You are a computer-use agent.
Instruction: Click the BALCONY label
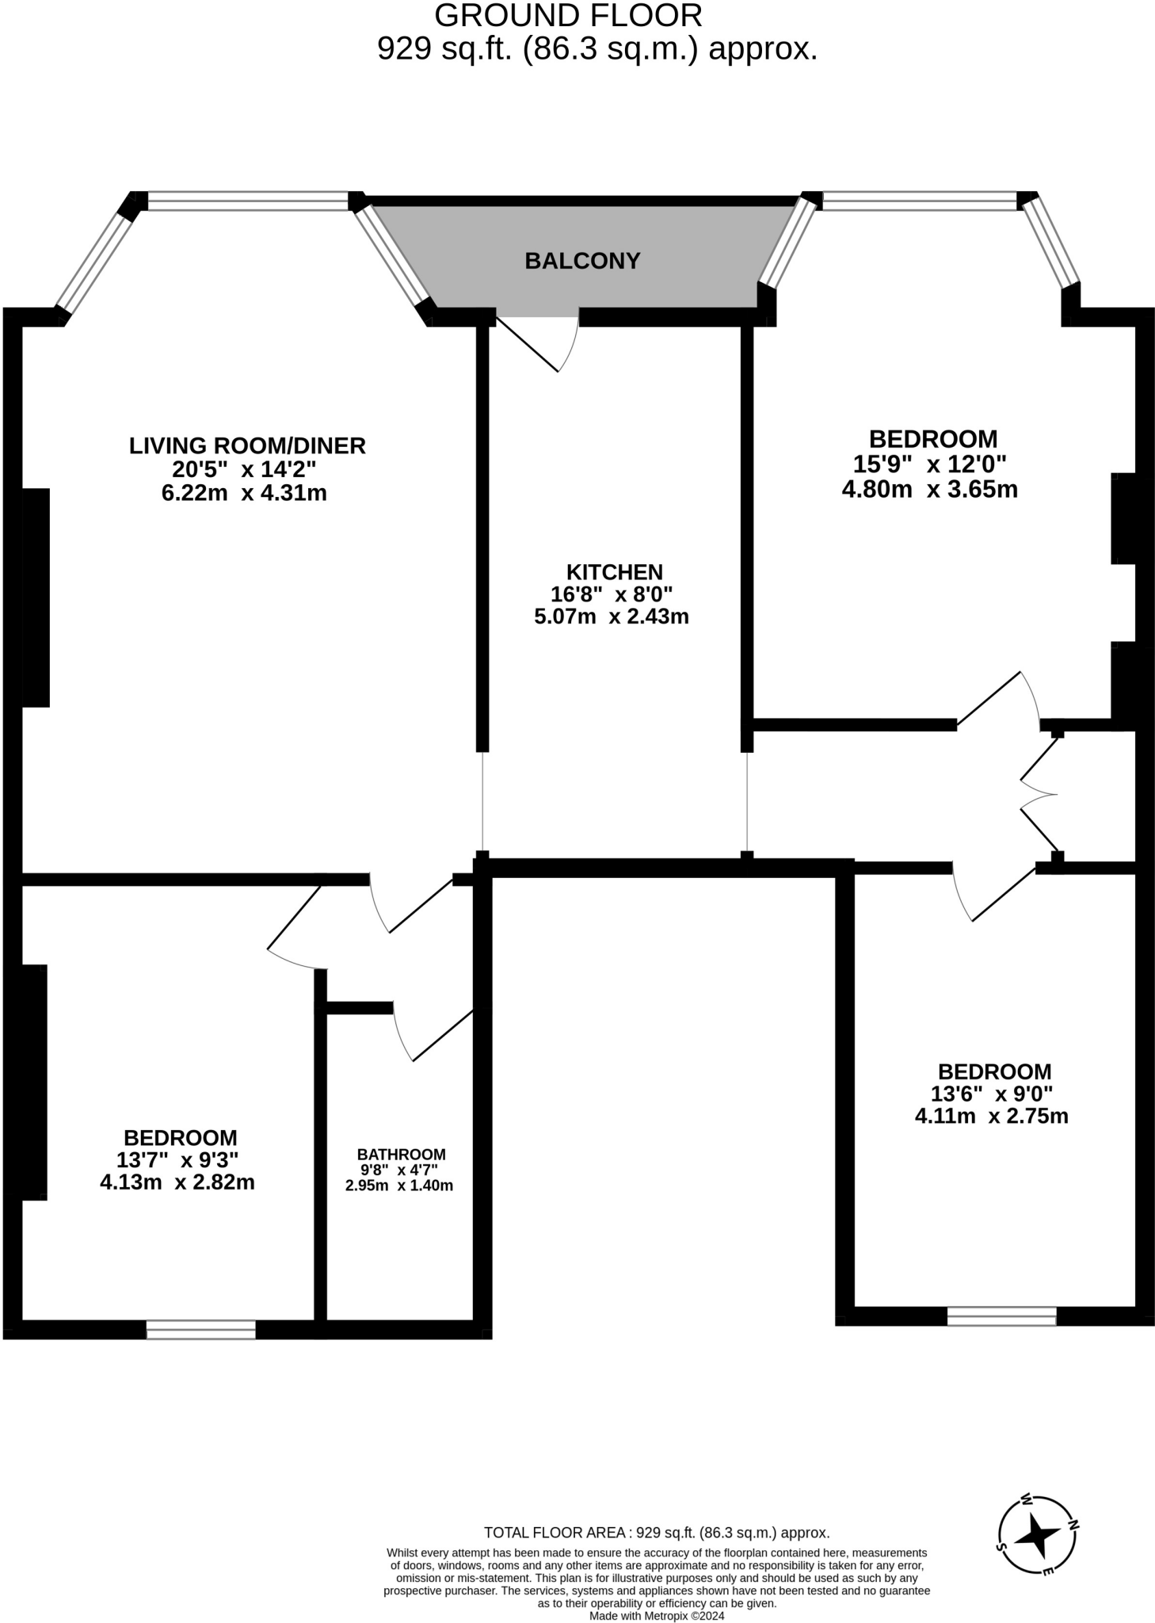pos(581,261)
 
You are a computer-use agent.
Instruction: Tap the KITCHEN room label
pos(614,571)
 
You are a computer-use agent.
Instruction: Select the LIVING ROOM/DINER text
pos(247,445)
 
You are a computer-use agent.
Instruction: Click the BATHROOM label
pos(401,1155)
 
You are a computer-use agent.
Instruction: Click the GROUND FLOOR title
pos(568,16)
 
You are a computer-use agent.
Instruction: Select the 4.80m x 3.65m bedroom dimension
pos(929,489)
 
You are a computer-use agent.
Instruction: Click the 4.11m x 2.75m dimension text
pos(991,1117)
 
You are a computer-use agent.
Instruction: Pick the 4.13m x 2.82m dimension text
pos(177,1183)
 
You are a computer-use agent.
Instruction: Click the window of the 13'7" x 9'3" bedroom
pos(201,1329)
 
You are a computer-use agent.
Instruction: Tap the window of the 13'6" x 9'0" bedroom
pos(1001,1316)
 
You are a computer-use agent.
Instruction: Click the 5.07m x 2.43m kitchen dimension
pos(611,617)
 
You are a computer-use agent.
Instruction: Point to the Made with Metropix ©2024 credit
pos(656,1615)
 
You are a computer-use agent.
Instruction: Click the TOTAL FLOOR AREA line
pos(656,1533)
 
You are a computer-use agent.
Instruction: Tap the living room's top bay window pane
pos(248,201)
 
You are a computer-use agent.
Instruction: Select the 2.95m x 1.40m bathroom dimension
pos(398,1186)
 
